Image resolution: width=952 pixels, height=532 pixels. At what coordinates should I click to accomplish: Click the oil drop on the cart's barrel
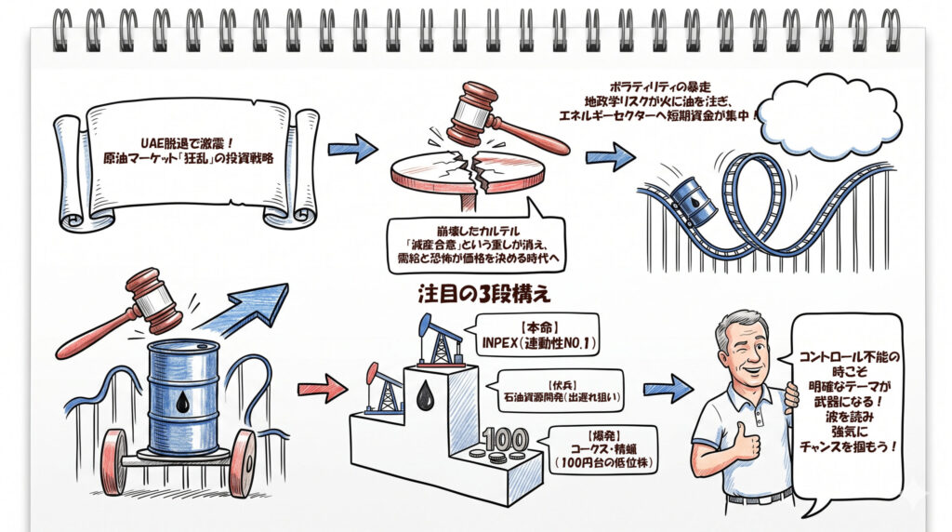click(x=183, y=401)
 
